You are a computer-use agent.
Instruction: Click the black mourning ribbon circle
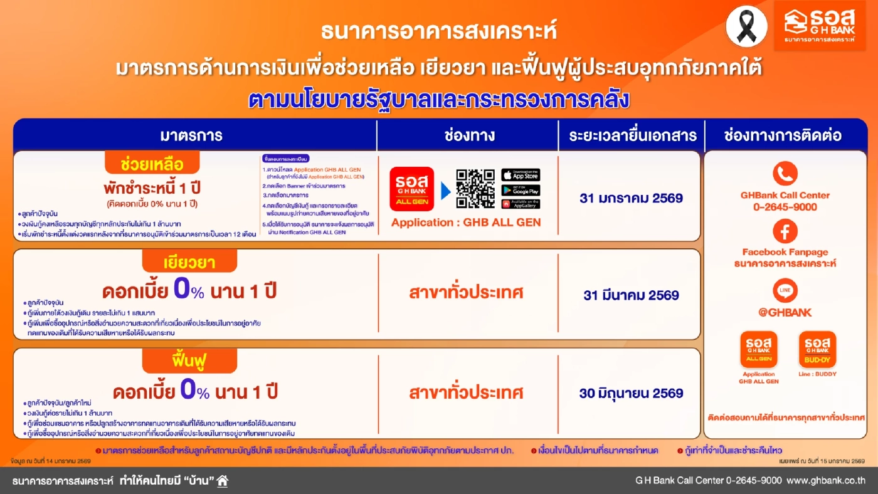[746, 26]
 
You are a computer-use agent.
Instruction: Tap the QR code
[475, 189]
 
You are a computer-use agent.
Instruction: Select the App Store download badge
[521, 175]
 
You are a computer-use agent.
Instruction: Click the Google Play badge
[521, 190]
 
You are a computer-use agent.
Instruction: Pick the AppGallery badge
[521, 204]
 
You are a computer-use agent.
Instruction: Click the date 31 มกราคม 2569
[631, 198]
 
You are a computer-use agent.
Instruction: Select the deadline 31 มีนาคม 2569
[631, 295]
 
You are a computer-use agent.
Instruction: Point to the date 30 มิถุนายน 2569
[631, 394]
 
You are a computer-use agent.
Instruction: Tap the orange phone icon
[785, 174]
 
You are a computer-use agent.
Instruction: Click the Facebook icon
[785, 231]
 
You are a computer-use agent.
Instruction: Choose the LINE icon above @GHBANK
[785, 291]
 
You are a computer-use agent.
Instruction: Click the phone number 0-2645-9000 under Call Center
[785, 207]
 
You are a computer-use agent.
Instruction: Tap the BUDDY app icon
[817, 349]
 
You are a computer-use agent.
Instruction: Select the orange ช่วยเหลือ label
[152, 164]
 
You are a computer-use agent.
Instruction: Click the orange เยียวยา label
[189, 262]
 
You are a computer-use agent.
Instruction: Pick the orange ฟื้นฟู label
[189, 361]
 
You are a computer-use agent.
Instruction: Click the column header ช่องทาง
[468, 135]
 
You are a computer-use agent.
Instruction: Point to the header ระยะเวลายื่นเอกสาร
[632, 135]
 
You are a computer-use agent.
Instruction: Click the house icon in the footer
[223, 481]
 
